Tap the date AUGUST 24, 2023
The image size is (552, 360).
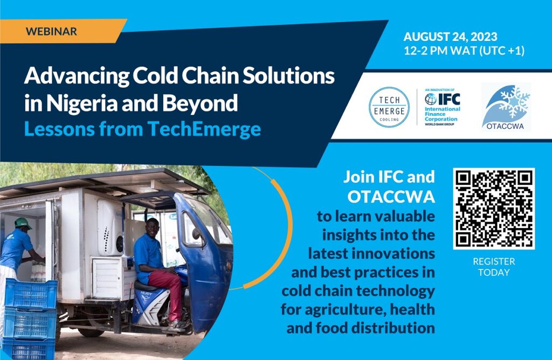point(450,37)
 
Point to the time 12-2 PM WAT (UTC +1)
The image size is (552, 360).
point(464,51)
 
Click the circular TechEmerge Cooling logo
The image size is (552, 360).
point(389,107)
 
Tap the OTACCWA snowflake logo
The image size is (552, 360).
point(506,107)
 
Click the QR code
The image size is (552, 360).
point(494,209)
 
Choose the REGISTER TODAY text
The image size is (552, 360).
point(494,267)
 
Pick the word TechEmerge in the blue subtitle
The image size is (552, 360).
point(204,129)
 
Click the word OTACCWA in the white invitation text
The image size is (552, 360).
point(391,197)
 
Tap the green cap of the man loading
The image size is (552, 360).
point(23,223)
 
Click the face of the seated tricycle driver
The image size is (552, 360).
point(153,227)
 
